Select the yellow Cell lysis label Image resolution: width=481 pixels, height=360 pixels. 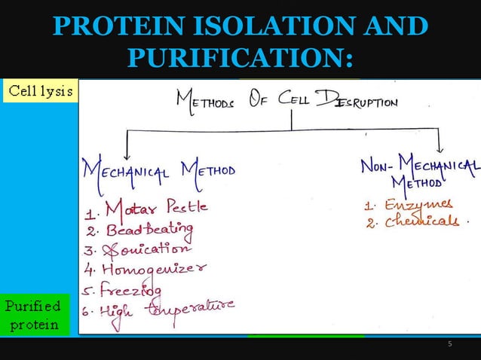point(40,91)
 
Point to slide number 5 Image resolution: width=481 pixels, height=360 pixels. point(450,344)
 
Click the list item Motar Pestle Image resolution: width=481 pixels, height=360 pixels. point(156,206)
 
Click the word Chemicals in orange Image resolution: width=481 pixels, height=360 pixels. point(421,221)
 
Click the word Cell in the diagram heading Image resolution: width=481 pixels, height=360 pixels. point(296,99)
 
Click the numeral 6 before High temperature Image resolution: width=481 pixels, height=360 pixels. point(87,309)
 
